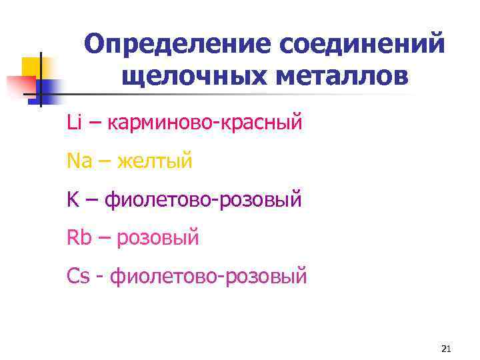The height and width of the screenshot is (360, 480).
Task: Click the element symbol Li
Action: click(x=73, y=122)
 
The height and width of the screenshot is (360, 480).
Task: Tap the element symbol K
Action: click(x=73, y=199)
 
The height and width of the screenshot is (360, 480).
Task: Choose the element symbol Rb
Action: click(x=79, y=237)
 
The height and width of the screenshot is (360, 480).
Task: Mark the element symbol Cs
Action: click(x=78, y=275)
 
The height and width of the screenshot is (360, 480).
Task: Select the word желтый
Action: click(x=155, y=161)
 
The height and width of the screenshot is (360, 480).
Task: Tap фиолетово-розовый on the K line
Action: click(x=204, y=199)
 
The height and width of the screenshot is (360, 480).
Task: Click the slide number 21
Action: click(x=447, y=349)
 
